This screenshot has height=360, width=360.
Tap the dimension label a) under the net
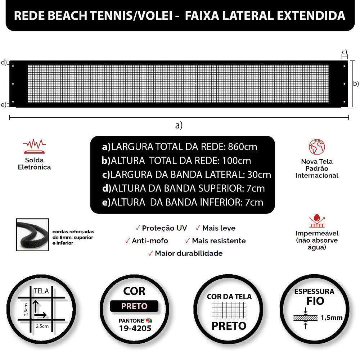(x=179, y=125)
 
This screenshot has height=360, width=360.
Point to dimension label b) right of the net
(x=356, y=84)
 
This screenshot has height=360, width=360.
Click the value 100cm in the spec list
(x=237, y=161)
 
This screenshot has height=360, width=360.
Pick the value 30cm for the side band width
(x=259, y=175)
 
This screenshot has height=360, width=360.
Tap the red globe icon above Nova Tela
(x=317, y=147)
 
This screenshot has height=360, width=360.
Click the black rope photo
(x=32, y=235)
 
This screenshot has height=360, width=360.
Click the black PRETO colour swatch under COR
(x=134, y=306)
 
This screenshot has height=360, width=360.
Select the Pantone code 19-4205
(x=135, y=328)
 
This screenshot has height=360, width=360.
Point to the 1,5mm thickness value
(x=332, y=318)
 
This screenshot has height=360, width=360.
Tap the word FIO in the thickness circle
(x=314, y=301)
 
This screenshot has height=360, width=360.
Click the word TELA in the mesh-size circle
(x=41, y=291)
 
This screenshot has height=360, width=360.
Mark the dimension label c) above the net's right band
(x=345, y=52)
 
